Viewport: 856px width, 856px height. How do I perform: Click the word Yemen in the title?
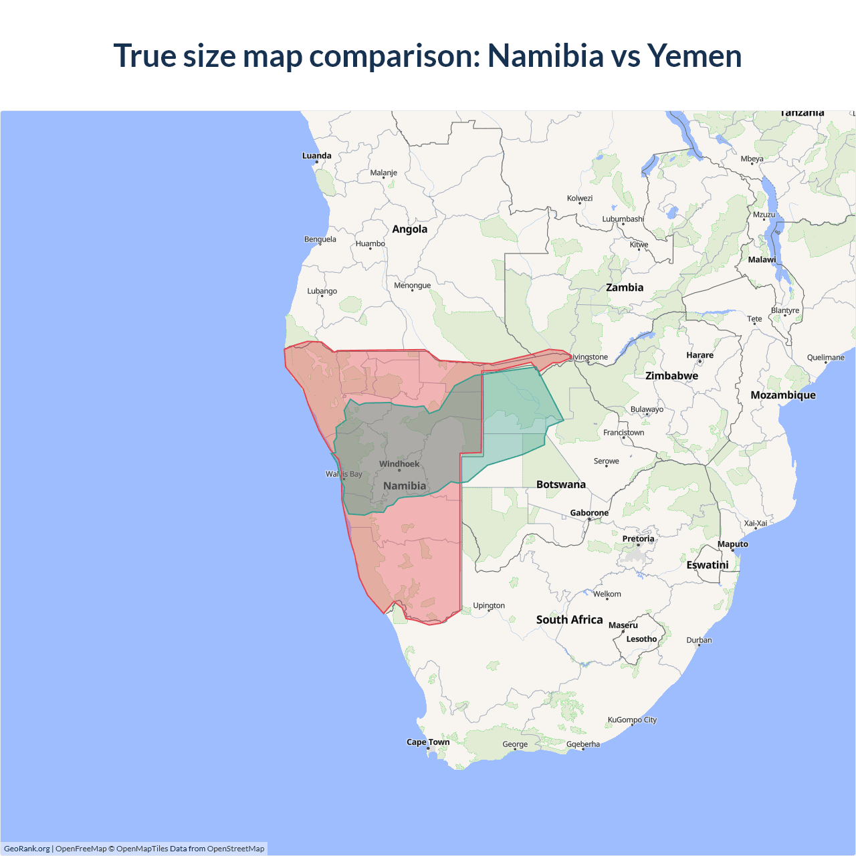coord(694,56)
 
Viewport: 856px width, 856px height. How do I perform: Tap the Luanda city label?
coord(316,156)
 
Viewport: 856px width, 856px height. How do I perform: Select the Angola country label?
coord(409,229)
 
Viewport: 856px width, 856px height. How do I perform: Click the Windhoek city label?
coord(399,464)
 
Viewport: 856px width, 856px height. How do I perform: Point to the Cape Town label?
coord(428,742)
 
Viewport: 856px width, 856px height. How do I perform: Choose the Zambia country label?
coord(625,288)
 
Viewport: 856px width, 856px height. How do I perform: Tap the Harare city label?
coord(700,355)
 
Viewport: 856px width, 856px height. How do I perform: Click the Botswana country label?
coord(560,485)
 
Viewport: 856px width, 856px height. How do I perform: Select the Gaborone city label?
coord(589,513)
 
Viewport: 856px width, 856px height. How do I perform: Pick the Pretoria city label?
coord(638,539)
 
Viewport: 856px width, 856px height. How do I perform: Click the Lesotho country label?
coord(641,639)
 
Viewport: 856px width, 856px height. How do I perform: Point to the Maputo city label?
coord(732,544)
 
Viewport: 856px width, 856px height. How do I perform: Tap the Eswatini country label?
coord(707,565)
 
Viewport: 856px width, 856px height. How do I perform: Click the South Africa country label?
coord(569,620)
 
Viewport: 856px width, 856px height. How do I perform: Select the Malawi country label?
coord(762,259)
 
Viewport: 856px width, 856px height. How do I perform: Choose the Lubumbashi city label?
coord(623,219)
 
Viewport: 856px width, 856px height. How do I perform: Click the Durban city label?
coord(699,641)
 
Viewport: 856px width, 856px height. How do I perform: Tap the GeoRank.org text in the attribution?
coord(27,849)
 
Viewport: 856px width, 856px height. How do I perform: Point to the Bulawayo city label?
coord(647,409)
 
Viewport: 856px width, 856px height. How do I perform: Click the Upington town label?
coord(489,606)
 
